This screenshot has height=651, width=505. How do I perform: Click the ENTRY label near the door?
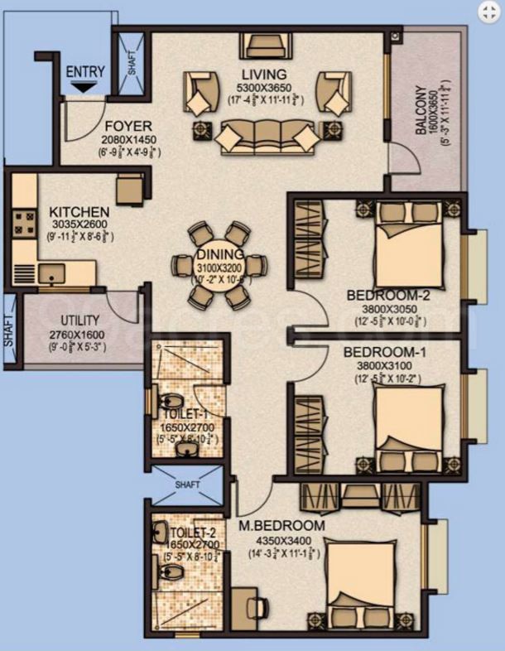coord(84,71)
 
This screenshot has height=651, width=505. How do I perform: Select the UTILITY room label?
coord(80,320)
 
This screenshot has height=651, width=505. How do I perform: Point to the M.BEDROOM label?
coord(281,525)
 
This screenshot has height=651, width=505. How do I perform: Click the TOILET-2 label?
coord(191,532)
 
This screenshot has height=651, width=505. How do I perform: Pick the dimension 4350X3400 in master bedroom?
coord(281,539)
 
